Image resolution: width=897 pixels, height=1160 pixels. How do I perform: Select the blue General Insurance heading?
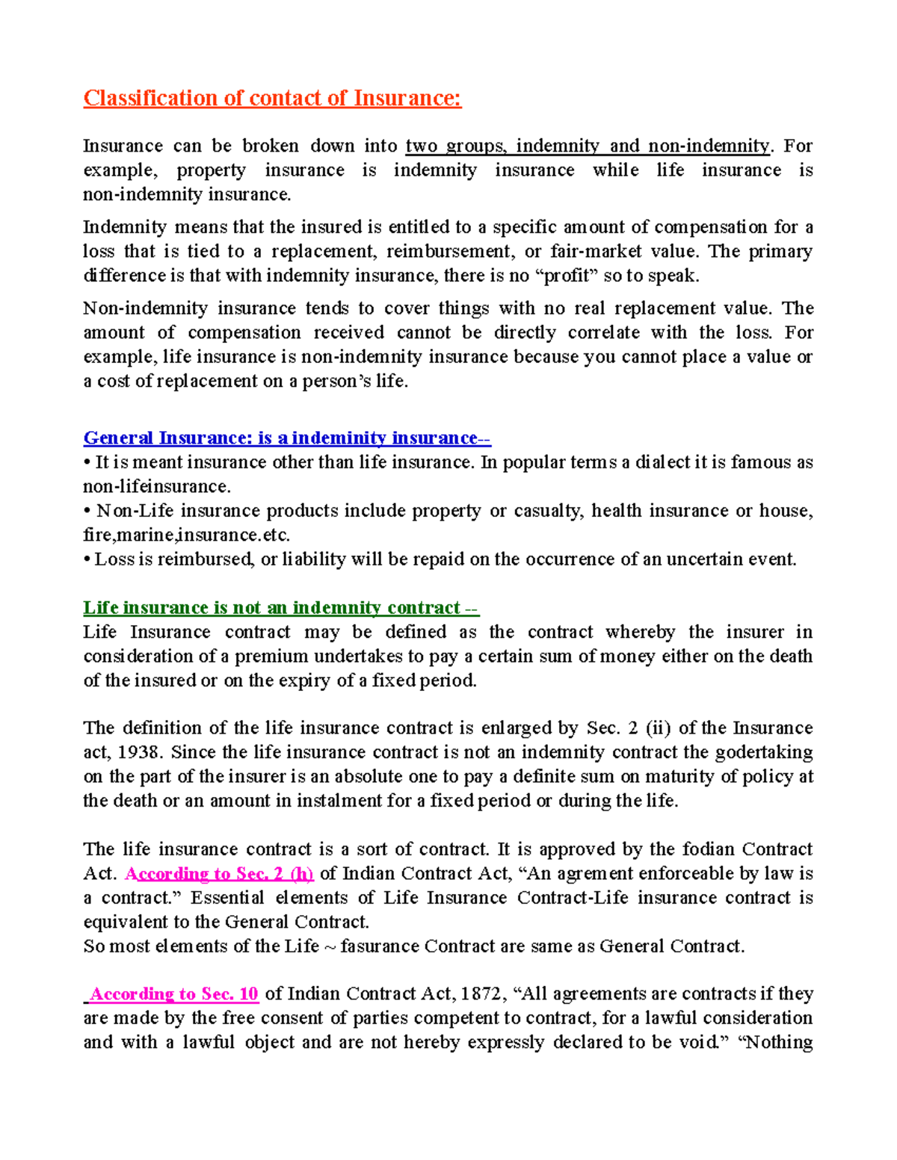pos(286,438)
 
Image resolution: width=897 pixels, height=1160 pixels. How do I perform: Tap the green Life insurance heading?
pos(280,607)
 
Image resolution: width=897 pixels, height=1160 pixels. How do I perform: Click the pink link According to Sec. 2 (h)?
pos(220,873)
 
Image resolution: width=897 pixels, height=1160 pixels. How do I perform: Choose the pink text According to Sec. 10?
pos(173,993)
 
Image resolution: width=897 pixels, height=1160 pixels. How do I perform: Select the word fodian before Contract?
pos(709,849)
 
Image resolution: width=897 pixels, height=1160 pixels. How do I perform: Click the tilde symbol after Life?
pos(330,946)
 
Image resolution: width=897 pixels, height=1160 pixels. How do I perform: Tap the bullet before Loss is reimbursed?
pos(87,559)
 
